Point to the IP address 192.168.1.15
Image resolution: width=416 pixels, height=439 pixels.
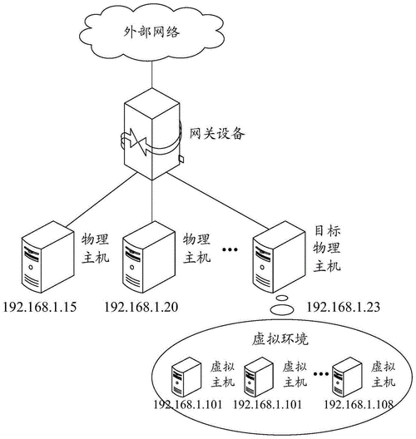41,308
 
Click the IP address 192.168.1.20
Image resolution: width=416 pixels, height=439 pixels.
142,308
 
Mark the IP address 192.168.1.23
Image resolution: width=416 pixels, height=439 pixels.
344,308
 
